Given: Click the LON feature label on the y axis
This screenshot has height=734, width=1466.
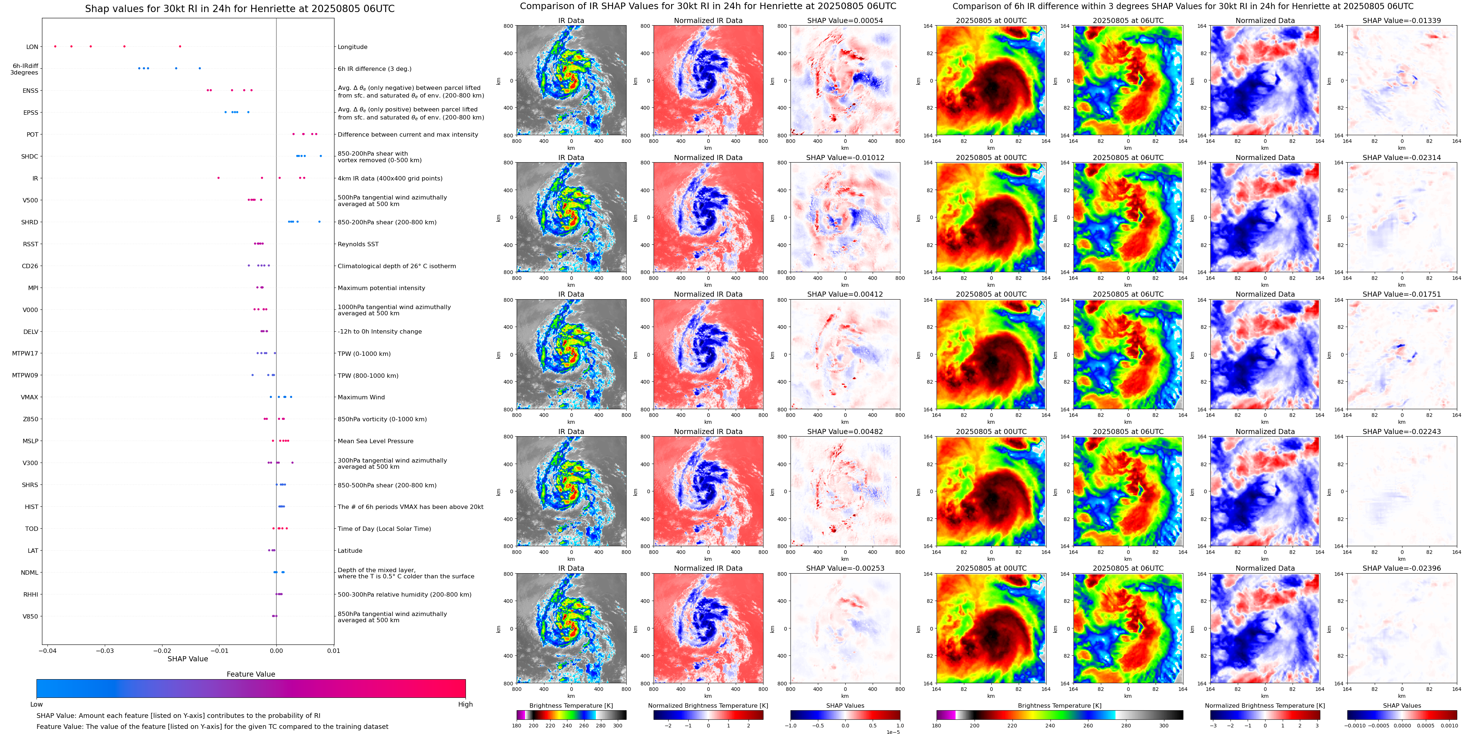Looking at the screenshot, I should [32, 47].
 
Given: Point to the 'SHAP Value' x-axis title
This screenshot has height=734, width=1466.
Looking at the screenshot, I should [187, 659].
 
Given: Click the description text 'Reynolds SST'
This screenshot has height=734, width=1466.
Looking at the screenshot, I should [358, 244].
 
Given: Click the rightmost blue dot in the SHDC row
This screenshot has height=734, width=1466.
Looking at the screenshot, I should [321, 156].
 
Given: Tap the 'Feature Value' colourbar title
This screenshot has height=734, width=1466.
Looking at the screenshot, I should [250, 674].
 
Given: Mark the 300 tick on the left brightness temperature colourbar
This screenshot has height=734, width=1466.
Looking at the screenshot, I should [617, 726].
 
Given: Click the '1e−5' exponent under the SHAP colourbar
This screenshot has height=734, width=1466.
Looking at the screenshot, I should [892, 732].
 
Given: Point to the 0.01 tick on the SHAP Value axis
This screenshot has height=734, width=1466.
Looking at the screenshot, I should [333, 651].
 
